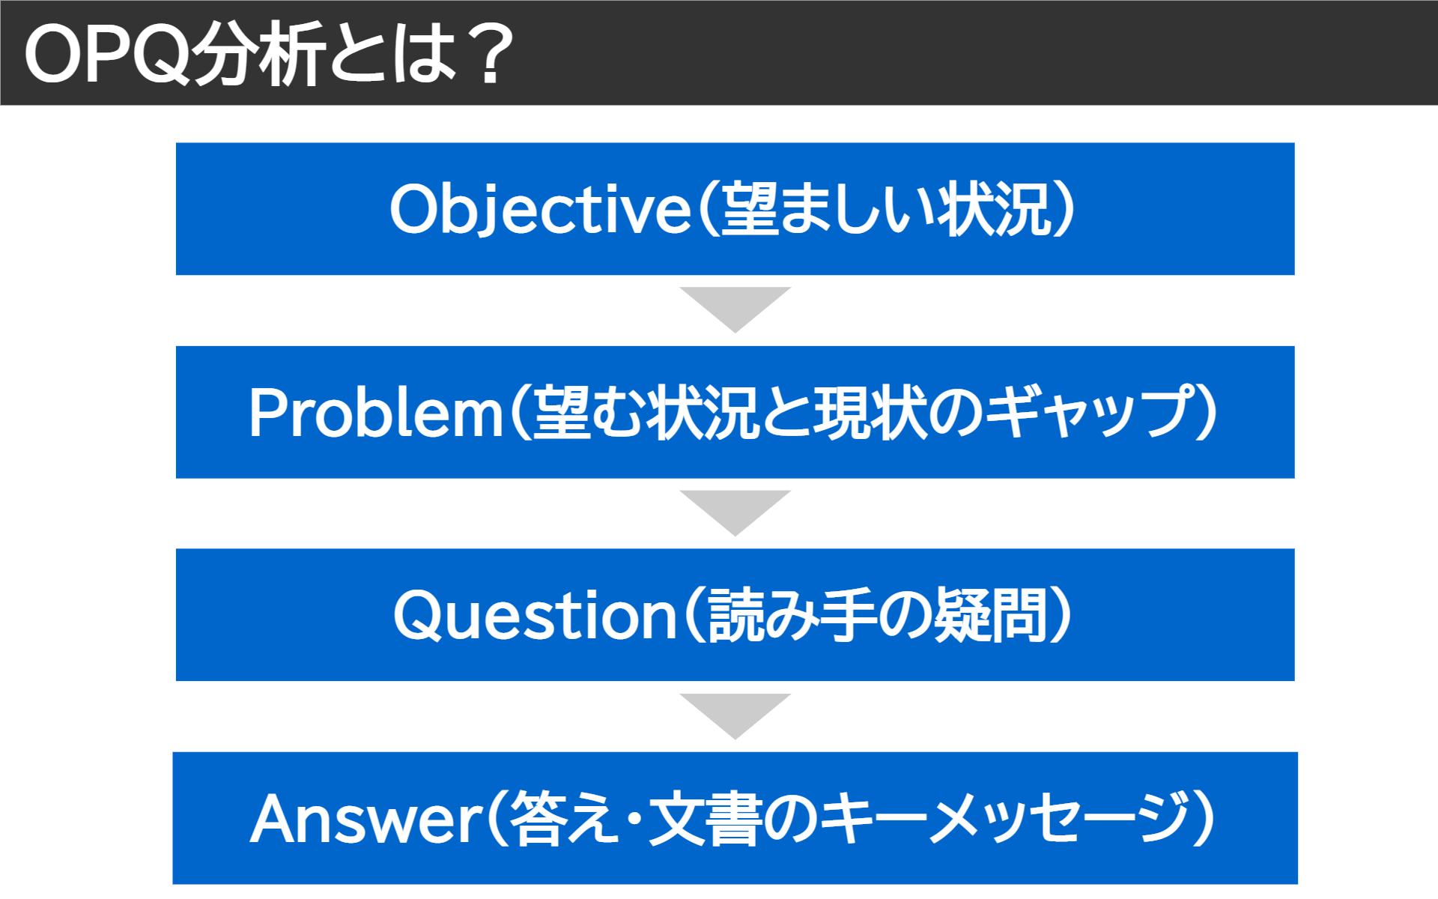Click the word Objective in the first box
click(539, 210)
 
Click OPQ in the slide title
click(105, 54)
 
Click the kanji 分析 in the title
click(258, 54)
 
